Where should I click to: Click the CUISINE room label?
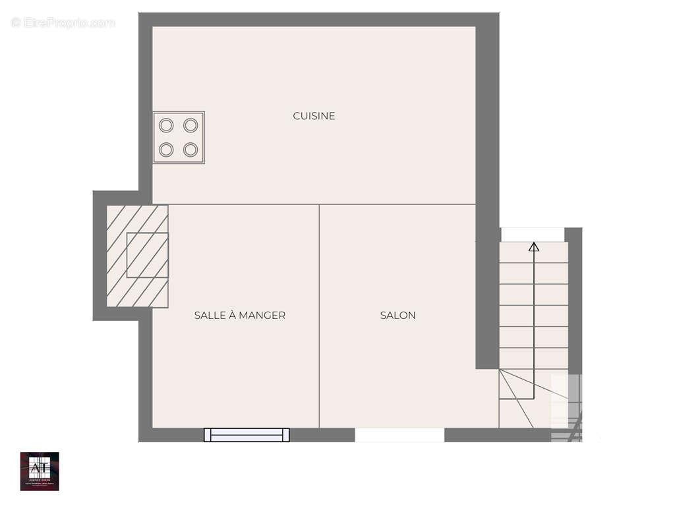click(x=314, y=116)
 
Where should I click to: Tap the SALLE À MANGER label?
click(x=239, y=316)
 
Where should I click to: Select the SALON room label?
click(x=397, y=316)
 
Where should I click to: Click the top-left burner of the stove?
click(x=166, y=125)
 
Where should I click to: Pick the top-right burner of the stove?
click(x=191, y=125)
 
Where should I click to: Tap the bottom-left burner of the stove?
click(x=166, y=150)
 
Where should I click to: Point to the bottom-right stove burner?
click(x=191, y=150)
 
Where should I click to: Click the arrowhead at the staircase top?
click(x=534, y=247)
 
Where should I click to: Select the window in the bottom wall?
click(x=247, y=435)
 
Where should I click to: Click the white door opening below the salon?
click(x=399, y=435)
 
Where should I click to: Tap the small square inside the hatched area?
click(x=147, y=254)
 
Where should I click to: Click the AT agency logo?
click(x=40, y=471)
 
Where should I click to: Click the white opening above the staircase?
click(x=533, y=235)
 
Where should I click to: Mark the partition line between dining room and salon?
click(x=320, y=316)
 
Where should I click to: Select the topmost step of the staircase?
click(x=533, y=253)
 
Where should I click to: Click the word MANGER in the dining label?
click(x=262, y=316)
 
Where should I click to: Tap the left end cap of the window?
click(x=207, y=435)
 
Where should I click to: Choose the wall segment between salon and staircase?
click(x=487, y=303)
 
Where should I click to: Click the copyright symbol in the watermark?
click(x=16, y=23)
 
